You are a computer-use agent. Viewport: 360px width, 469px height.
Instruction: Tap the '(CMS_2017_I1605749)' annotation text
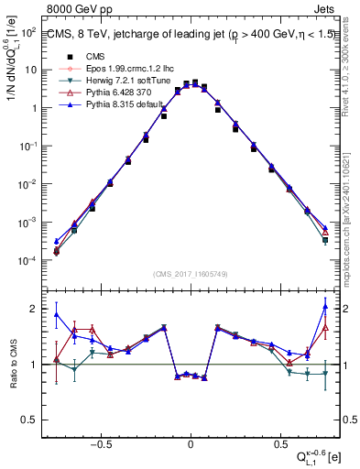click(x=191, y=274)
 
